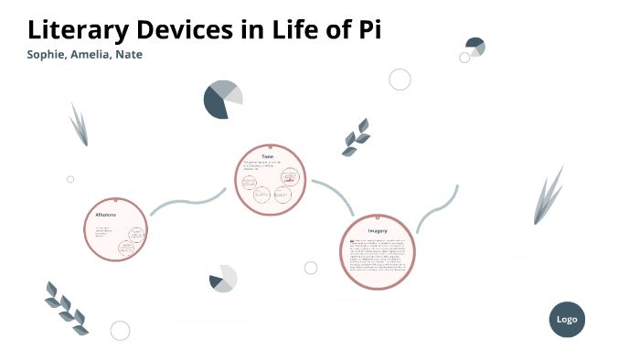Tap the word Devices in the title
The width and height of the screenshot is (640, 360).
point(179,29)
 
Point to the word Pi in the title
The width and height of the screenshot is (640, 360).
point(367,29)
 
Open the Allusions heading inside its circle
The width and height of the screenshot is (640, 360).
point(106,214)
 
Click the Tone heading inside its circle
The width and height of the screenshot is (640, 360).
point(268,156)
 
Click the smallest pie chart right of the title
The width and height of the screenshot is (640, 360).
point(475,46)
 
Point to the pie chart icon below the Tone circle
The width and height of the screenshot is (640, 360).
point(223,279)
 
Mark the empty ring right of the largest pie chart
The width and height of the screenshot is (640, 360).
point(400,79)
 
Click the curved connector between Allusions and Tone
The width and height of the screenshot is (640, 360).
point(187,201)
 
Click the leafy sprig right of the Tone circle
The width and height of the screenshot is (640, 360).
point(356,137)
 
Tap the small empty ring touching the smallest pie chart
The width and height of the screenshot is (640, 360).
point(464,58)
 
